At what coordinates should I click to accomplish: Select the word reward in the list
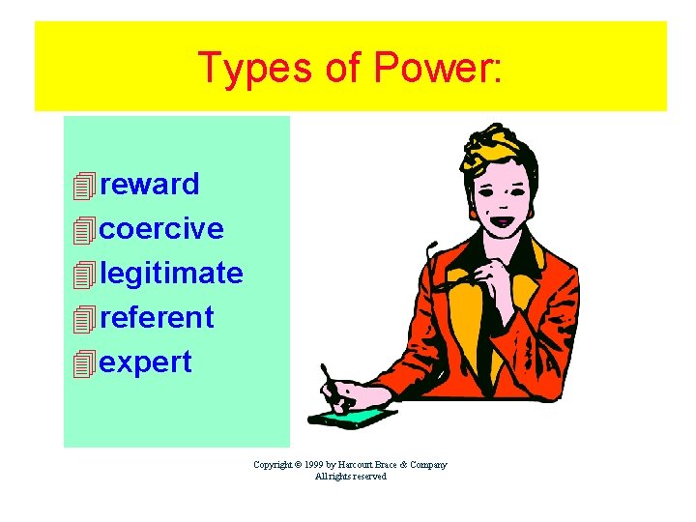pyautogui.click(x=149, y=184)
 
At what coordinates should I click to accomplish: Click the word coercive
pyautogui.click(x=161, y=229)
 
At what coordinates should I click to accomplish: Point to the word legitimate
pyautogui.click(x=171, y=274)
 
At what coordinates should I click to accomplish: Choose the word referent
pyautogui.click(x=157, y=317)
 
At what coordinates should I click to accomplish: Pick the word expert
pyautogui.click(x=146, y=362)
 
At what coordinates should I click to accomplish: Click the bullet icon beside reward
pyautogui.click(x=85, y=185)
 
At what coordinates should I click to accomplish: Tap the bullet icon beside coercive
pyautogui.click(x=85, y=230)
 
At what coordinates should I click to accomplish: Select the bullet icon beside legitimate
pyautogui.click(x=85, y=275)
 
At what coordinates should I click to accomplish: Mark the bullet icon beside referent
pyautogui.click(x=85, y=318)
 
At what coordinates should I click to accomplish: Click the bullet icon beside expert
pyautogui.click(x=85, y=363)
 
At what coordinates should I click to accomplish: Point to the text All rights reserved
pyautogui.click(x=350, y=477)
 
